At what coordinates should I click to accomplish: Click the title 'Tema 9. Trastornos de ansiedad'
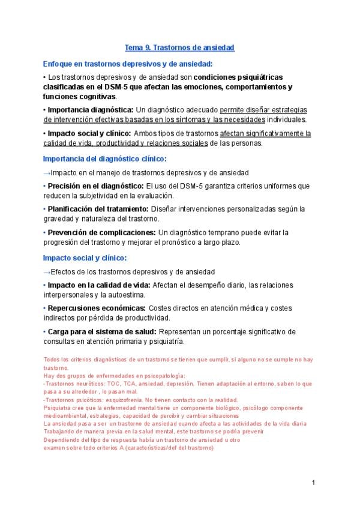coord(179,47)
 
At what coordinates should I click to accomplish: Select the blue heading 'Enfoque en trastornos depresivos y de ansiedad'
coord(128,64)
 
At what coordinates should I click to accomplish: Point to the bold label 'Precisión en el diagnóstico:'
coord(94,186)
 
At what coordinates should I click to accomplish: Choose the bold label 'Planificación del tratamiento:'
coord(98,209)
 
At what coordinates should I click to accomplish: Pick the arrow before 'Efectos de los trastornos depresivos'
coord(47,272)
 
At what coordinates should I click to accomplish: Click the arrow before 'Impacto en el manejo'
coord(47,173)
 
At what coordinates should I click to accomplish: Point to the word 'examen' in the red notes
coord(53,447)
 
